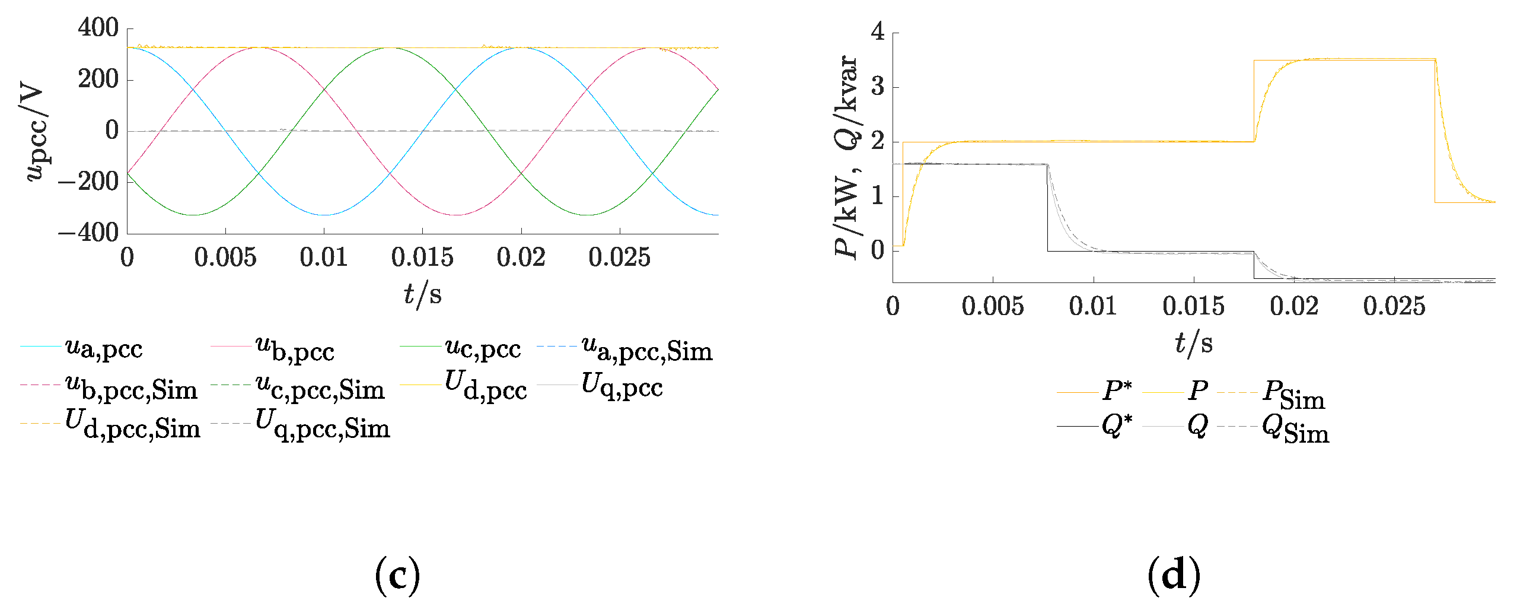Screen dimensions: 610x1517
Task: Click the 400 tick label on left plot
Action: (98, 28)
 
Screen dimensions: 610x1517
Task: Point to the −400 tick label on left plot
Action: (89, 233)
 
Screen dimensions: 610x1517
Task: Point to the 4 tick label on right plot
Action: (878, 32)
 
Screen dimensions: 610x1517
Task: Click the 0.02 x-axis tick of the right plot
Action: (1294, 307)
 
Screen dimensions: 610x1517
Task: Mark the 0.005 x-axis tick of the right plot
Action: (993, 307)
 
